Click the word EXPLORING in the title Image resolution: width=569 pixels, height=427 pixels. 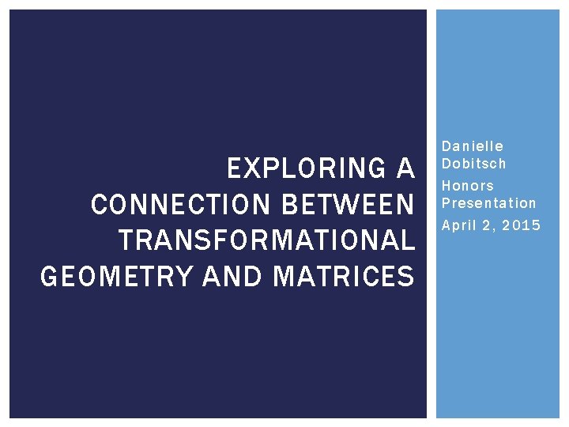(303, 169)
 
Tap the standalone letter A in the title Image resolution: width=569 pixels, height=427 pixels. (405, 169)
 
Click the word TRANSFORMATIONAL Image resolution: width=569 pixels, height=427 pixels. (266, 241)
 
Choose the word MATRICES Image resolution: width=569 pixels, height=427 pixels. (343, 277)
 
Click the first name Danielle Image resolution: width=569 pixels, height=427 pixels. (473, 146)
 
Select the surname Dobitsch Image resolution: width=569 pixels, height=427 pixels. (473, 164)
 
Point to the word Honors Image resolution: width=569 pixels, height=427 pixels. (468, 186)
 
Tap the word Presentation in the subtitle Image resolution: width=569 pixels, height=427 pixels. (488, 203)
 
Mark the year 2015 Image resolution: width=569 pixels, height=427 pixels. (522, 226)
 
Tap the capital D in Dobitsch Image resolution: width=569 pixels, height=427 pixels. (446, 164)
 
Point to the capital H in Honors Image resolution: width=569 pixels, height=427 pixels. (447, 186)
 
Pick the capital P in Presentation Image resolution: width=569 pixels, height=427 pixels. (446, 203)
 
